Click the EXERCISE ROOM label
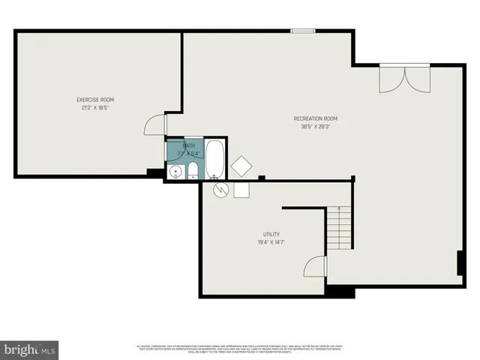tap(95, 100)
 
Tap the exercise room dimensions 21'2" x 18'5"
tap(95, 107)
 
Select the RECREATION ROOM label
tap(315, 118)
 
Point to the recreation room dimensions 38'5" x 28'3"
tap(315, 126)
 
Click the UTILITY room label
tap(271, 234)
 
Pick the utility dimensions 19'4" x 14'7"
tap(271, 241)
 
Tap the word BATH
tap(189, 145)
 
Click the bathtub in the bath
tap(214, 158)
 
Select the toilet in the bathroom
tap(193, 169)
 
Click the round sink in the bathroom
tap(175, 172)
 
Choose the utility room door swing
tap(315, 267)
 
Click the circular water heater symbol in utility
tap(220, 189)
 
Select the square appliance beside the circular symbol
tap(241, 190)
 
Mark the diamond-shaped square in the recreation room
tap(242, 166)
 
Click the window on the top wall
tap(303, 31)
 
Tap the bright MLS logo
tap(30, 349)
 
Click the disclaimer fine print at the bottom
tap(240, 348)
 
